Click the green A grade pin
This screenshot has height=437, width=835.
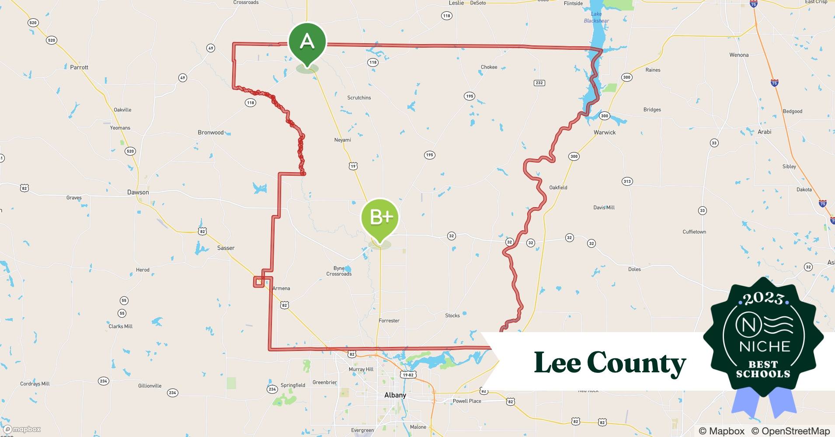307,42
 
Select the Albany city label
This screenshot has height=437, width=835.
395,395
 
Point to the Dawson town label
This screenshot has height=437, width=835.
138,192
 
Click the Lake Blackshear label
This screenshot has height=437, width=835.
596,17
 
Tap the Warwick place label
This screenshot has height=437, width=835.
604,132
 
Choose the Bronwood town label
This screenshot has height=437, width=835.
210,132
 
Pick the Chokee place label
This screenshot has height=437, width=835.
489,67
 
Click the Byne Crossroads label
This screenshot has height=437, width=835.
339,271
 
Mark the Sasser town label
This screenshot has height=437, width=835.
226,248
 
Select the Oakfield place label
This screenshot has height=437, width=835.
558,187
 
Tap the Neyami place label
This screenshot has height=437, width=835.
342,140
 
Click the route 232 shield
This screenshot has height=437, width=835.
539,83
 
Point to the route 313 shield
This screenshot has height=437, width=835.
627,181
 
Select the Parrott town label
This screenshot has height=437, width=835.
79,67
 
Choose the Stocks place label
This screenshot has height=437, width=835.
452,316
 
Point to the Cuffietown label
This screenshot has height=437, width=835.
694,232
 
